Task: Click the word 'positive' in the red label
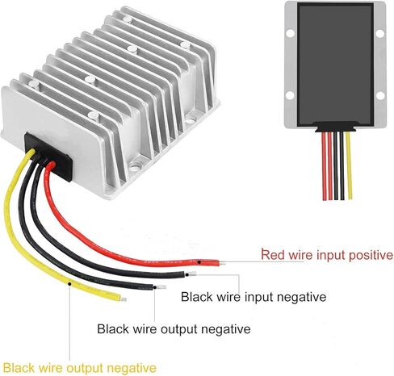(x=371, y=255)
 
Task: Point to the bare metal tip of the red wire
(x=222, y=264)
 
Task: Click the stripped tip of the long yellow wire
(x=124, y=299)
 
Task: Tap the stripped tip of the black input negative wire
(x=192, y=274)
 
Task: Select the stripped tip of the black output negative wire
(x=162, y=287)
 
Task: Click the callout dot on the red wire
(x=199, y=261)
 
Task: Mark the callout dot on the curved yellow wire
(x=69, y=284)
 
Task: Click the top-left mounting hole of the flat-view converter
(x=290, y=33)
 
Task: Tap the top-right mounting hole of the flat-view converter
(x=379, y=34)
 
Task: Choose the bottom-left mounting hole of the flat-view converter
(x=290, y=95)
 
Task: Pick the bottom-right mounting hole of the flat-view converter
(x=379, y=95)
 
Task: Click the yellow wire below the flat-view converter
(x=349, y=165)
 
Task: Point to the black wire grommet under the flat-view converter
(x=336, y=127)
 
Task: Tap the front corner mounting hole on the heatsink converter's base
(x=135, y=167)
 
